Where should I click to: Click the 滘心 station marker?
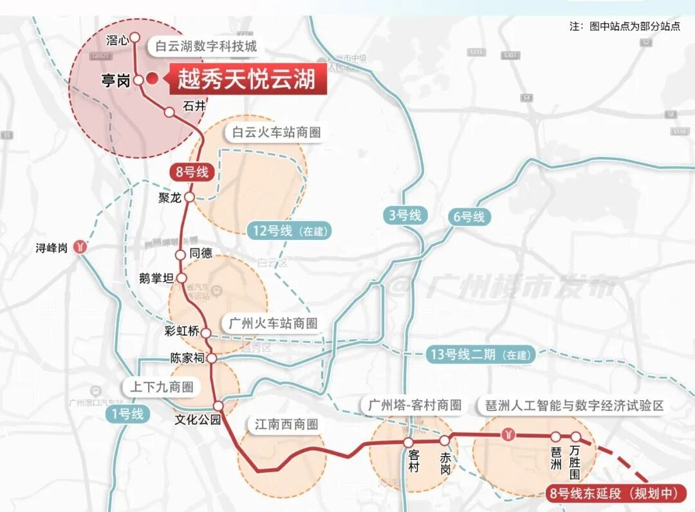135,37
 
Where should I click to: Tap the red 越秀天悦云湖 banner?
246,79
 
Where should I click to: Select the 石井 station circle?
169,113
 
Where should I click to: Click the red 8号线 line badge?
191,172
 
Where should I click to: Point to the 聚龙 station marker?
189,197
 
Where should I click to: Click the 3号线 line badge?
405,215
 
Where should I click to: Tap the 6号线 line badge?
469,217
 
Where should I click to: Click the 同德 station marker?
180,255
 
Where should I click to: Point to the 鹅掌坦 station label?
156,279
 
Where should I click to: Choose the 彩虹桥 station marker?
206,333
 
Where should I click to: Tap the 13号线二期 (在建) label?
481,354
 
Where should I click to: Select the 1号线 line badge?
128,414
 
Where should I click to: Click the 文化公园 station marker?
218,406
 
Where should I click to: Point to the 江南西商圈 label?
286,425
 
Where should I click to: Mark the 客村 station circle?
408,443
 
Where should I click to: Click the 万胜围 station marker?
576,437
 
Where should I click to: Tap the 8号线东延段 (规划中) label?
615,494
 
